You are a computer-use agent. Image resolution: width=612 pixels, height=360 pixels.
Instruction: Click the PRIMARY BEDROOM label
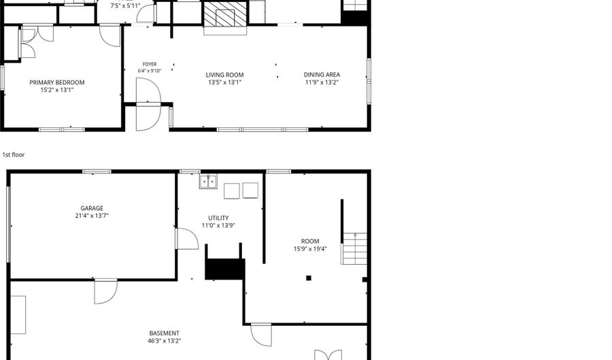tap(57, 82)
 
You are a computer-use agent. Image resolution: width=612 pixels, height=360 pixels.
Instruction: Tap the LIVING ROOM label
tap(225, 75)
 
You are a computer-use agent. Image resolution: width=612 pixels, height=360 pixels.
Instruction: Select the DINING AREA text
tap(322, 75)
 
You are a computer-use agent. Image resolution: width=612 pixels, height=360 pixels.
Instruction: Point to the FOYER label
tap(150, 65)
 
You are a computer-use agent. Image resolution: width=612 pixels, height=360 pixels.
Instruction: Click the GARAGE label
tap(92, 208)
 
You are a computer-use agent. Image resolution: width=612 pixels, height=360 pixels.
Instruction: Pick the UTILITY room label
tap(218, 218)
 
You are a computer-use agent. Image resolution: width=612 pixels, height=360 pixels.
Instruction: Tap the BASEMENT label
tap(165, 333)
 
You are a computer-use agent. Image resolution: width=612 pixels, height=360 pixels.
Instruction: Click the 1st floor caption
tap(14, 154)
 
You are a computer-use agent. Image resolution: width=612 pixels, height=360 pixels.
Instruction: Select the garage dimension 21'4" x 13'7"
tap(92, 216)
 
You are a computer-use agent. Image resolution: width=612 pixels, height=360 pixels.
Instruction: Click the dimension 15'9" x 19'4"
tap(310, 248)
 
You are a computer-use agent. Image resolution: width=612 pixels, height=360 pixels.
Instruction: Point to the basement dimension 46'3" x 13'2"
tap(165, 341)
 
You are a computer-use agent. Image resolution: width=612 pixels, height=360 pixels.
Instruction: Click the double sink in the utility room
tap(209, 182)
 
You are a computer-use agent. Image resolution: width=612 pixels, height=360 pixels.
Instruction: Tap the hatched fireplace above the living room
tap(225, 14)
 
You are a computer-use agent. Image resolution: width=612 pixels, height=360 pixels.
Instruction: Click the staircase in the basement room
tap(354, 248)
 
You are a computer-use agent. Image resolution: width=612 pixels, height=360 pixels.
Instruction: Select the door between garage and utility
tap(187, 239)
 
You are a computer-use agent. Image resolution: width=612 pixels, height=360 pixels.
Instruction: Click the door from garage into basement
tap(106, 291)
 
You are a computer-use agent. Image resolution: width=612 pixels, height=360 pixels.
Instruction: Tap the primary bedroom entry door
tap(110, 35)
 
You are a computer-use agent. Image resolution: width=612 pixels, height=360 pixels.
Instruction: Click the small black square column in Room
tap(309, 278)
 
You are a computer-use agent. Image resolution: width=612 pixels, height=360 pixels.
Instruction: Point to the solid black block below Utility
tap(225, 269)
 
